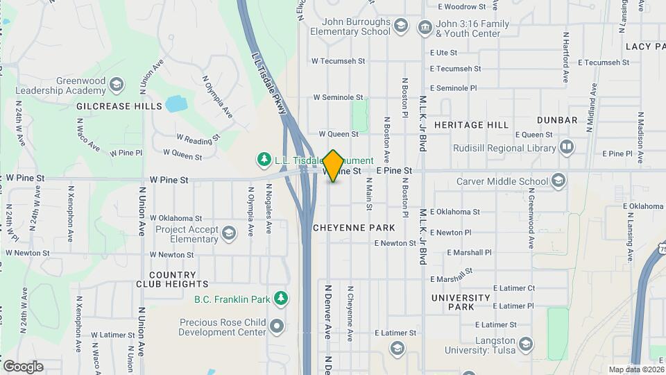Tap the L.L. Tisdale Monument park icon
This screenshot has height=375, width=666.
point(264,160)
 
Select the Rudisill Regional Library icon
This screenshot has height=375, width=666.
point(567,147)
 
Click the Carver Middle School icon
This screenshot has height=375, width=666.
point(558,181)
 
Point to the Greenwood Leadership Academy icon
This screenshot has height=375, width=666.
point(117,85)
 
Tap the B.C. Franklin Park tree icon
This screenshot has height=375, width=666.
point(280,298)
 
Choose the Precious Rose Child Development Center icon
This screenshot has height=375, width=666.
point(277,326)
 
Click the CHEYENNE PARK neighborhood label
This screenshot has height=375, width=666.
point(354,228)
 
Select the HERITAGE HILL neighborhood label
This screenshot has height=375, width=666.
point(471,125)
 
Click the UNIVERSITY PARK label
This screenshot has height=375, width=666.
point(461,302)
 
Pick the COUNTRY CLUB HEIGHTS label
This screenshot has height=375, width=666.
point(178,279)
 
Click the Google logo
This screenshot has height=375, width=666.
point(23,366)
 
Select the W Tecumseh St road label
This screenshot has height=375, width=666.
point(339,61)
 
